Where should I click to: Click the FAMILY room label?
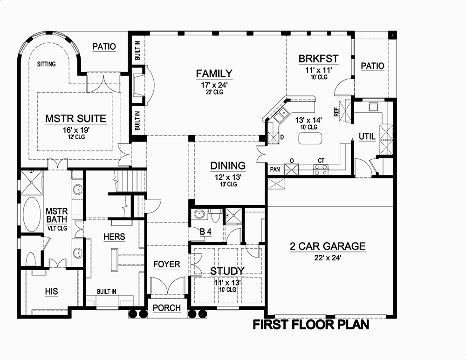[214, 73]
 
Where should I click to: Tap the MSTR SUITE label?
[75, 118]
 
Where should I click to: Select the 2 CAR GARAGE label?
[328, 246]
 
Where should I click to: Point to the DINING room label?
[227, 165]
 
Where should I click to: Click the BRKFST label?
[318, 59]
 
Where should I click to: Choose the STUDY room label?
[227, 271]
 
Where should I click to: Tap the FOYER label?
[166, 265]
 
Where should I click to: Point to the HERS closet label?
[114, 237]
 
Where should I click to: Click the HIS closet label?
[51, 292]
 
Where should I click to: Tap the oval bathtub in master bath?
[32, 215]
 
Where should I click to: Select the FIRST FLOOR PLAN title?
[311, 325]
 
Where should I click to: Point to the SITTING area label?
[46, 64]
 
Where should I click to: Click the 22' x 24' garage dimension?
[328, 259]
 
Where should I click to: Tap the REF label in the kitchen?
[336, 112]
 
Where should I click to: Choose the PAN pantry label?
[275, 169]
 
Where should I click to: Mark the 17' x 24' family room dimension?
[214, 85]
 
